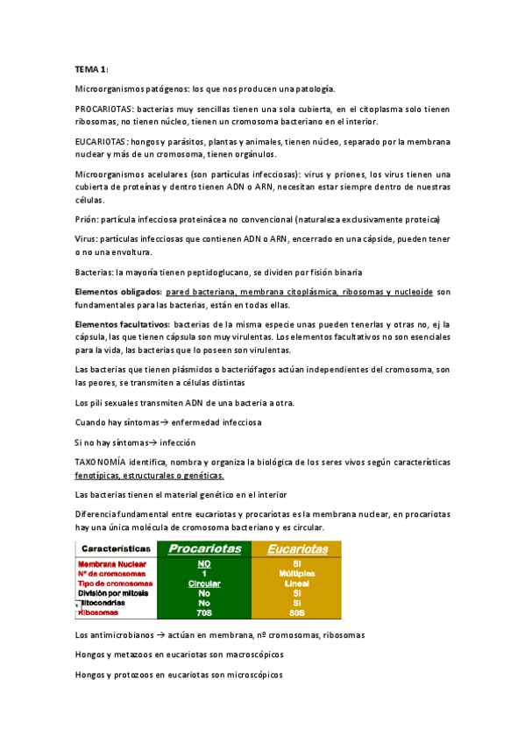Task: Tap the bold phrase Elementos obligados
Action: (117, 291)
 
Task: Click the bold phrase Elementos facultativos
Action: (122, 324)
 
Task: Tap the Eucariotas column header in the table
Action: (296, 549)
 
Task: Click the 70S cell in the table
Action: (204, 613)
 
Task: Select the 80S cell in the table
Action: (296, 613)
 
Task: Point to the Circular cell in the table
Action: (204, 583)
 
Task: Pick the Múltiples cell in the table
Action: (296, 573)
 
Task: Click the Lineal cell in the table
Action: (296, 583)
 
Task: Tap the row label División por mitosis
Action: (114, 593)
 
